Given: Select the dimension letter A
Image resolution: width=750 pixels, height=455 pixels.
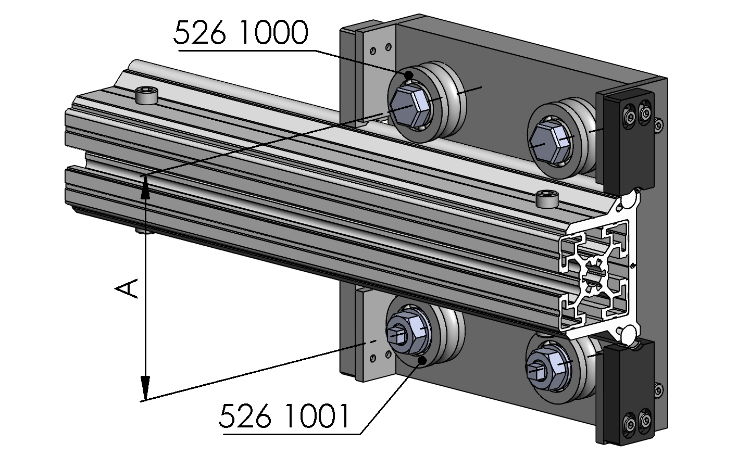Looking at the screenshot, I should point(128,288).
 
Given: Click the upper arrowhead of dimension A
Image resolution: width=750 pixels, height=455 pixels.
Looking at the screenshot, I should point(146,187).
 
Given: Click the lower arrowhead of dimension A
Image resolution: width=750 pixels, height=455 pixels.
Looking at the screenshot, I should point(145,388).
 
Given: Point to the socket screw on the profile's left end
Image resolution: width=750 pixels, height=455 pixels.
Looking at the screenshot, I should point(146,96).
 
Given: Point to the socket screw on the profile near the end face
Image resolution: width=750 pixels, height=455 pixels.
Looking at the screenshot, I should point(546,198).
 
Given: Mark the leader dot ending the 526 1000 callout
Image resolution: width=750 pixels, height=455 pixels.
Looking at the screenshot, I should point(409,76).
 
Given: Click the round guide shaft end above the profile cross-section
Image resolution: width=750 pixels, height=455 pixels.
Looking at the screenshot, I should point(629,199).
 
